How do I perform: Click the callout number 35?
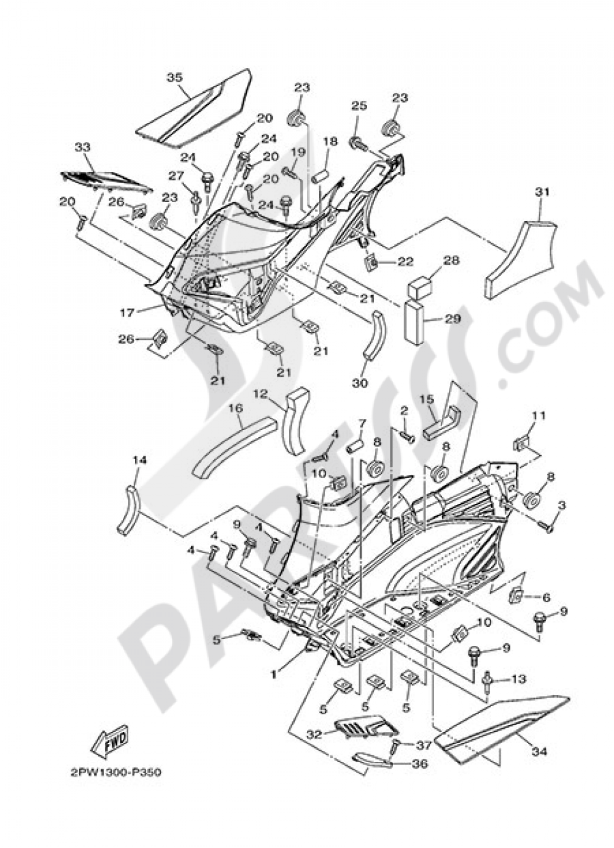[174, 77]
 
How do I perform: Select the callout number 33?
[82, 147]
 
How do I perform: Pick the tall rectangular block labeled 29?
[415, 320]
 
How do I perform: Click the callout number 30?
[360, 382]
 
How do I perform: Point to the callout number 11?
[538, 416]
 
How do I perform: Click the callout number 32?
[314, 734]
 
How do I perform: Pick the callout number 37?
[424, 745]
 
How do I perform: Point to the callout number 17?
[126, 313]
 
